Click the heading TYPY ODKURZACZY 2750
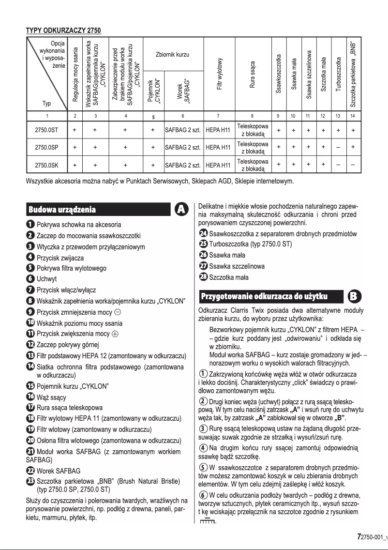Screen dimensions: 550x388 [63, 31]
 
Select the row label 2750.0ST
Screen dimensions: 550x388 [47, 130]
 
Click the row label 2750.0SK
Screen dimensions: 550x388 [47, 165]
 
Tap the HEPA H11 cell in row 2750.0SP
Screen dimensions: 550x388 [218, 148]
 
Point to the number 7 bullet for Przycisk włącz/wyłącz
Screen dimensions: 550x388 [30, 290]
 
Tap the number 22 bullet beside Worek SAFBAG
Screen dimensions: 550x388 [30, 471]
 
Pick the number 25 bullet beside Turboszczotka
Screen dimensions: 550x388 [203, 244]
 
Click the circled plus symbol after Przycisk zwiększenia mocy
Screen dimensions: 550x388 [115, 334]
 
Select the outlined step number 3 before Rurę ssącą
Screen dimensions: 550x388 [204, 429]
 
